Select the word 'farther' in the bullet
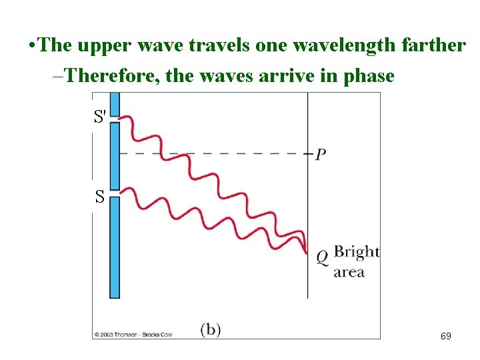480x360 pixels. coord(433,45)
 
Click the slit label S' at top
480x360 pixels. coord(100,117)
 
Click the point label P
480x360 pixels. coord(321,155)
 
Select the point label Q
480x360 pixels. coord(321,256)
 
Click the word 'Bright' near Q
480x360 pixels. coord(356,252)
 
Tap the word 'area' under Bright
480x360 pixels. coord(348,272)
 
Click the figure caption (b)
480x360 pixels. coord(211,329)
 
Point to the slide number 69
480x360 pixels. coord(445,336)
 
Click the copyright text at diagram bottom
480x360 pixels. coord(133,334)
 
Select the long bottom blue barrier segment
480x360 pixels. coord(114,247)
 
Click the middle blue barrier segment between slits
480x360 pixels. coord(114,156)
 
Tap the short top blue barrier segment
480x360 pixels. coord(114,103)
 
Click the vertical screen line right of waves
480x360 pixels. coord(307,200)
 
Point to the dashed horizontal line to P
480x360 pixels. coord(213,153)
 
